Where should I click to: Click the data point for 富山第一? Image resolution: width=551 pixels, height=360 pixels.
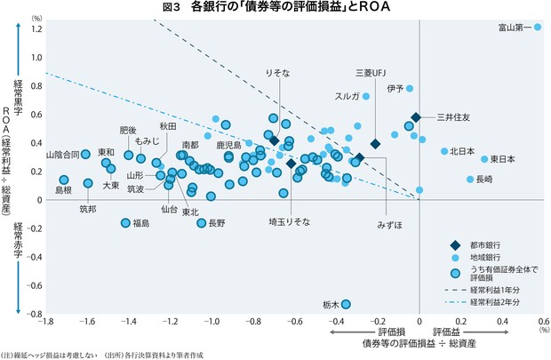click(538, 28)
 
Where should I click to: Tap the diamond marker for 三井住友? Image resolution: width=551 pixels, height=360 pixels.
click(415, 117)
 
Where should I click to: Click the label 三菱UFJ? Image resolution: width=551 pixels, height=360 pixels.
click(371, 72)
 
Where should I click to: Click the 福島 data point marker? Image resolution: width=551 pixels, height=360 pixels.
click(125, 223)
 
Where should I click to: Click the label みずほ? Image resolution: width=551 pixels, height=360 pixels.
click(388, 224)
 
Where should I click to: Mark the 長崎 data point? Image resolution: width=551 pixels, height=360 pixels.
click(471, 180)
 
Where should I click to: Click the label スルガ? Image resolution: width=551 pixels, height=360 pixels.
click(347, 96)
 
